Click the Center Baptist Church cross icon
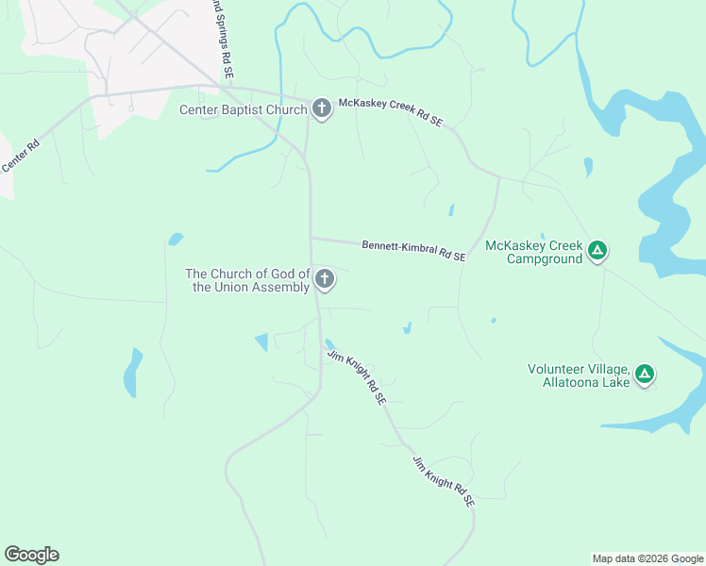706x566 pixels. pyautogui.click(x=321, y=109)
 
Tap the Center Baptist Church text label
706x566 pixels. pyautogui.click(x=244, y=110)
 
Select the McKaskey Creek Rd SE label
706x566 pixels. pyautogui.click(x=391, y=113)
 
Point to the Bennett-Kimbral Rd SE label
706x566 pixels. pyautogui.click(x=413, y=251)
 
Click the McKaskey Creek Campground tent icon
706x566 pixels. pyautogui.click(x=597, y=251)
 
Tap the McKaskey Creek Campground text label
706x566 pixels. pyautogui.click(x=534, y=252)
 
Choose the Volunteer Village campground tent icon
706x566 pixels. pyautogui.click(x=644, y=375)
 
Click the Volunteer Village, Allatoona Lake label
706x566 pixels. pyautogui.click(x=579, y=375)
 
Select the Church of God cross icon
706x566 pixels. pyautogui.click(x=324, y=279)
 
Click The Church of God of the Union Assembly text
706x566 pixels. pyautogui.click(x=250, y=280)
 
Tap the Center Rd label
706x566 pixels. pyautogui.click(x=20, y=156)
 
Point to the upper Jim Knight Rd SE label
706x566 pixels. pyautogui.click(x=357, y=377)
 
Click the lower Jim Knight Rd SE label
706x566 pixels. pyautogui.click(x=443, y=482)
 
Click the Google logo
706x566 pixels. pyautogui.click(x=31, y=555)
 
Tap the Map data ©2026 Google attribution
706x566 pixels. pyautogui.click(x=647, y=558)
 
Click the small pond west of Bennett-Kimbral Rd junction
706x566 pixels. pyautogui.click(x=176, y=239)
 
